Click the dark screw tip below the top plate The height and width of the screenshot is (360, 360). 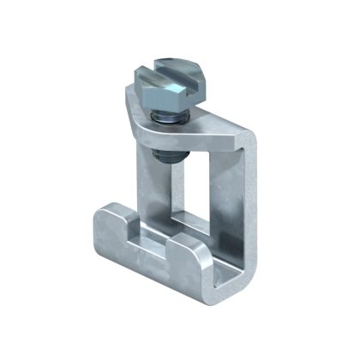point(162,155)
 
